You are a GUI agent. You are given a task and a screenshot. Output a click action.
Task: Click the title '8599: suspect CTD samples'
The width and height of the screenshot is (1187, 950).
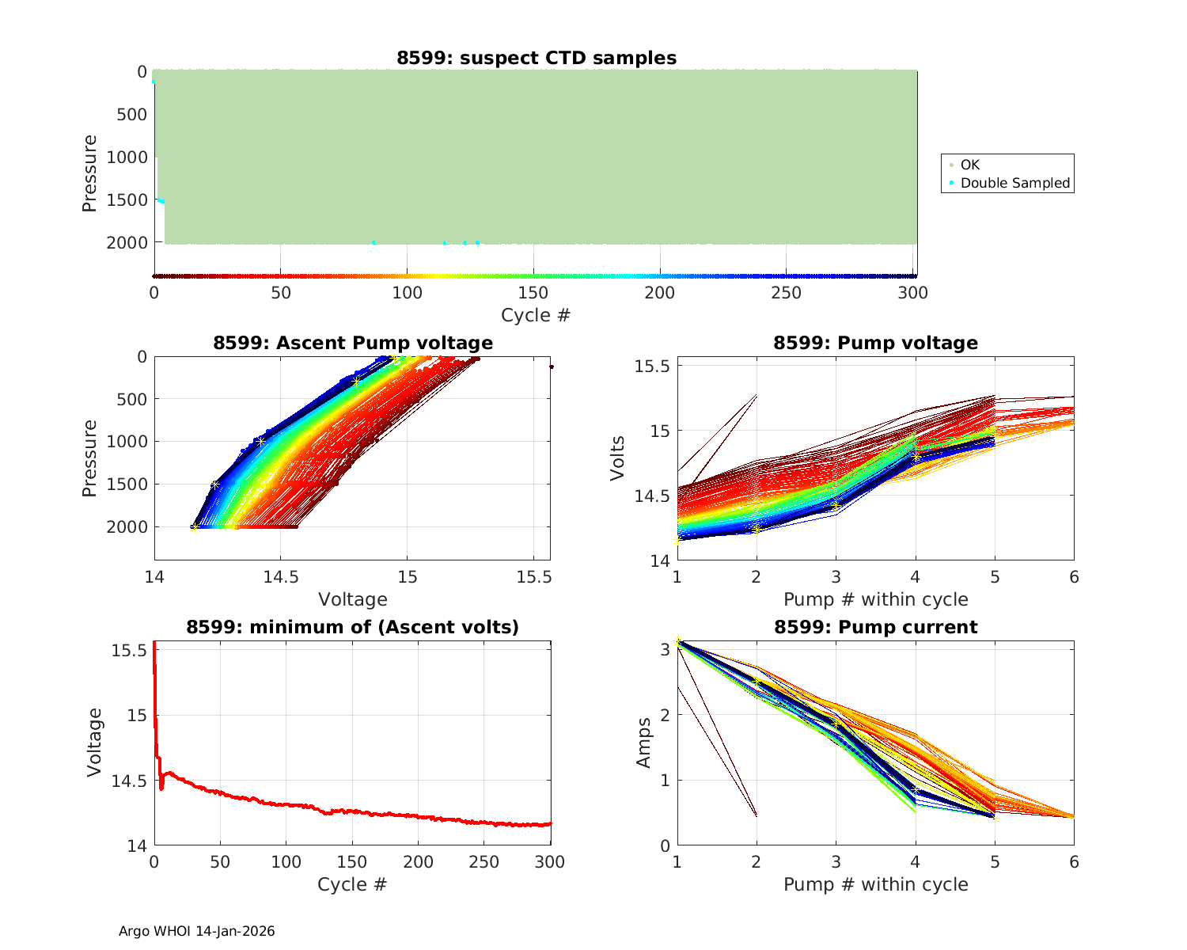[537, 58]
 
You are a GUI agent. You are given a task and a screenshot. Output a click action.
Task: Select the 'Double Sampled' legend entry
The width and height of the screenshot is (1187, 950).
[1014, 183]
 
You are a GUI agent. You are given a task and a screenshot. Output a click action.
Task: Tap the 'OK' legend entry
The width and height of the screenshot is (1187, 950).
[969, 165]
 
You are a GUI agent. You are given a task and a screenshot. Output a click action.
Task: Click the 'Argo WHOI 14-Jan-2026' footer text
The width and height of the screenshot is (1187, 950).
[196, 931]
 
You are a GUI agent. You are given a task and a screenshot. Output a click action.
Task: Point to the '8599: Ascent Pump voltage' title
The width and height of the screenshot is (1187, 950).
[353, 343]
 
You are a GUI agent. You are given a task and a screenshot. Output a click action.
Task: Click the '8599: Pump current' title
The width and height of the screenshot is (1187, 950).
[875, 627]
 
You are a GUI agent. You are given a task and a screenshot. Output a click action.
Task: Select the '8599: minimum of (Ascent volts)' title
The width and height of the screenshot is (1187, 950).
[353, 627]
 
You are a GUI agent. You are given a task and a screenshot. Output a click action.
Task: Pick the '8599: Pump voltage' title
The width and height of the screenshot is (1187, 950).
[875, 343]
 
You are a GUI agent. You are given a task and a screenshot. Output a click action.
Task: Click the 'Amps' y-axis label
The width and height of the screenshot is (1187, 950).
[644, 743]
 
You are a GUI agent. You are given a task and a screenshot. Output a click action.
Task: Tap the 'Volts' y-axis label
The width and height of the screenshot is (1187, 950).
[617, 458]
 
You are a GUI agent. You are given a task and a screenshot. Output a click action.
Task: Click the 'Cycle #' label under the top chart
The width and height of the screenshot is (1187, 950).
[536, 315]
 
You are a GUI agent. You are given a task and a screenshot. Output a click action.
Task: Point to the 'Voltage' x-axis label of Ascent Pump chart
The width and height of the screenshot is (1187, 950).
[353, 599]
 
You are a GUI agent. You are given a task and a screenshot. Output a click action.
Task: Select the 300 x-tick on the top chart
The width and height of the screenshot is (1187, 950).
[913, 293]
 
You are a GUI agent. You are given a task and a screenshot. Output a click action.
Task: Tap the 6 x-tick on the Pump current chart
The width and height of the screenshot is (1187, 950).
[1074, 862]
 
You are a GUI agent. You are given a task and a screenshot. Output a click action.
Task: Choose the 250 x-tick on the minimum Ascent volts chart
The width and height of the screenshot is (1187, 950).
[484, 862]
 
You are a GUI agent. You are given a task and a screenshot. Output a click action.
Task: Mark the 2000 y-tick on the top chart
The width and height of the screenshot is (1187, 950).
[126, 242]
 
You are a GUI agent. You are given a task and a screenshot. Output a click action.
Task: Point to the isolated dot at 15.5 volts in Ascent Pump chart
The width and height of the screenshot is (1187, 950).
[552, 367]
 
